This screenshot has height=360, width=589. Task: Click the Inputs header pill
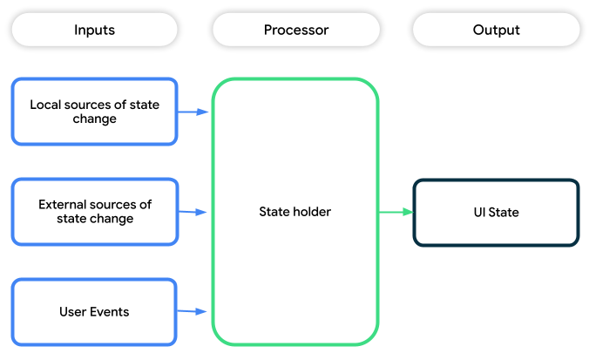click(94, 30)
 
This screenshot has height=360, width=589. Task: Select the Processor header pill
click(295, 30)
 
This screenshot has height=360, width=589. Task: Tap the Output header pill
click(496, 30)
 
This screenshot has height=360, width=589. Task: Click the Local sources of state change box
click(94, 112)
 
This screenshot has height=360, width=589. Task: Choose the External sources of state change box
click(94, 211)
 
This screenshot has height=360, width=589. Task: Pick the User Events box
click(94, 311)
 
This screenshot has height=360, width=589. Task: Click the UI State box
click(496, 212)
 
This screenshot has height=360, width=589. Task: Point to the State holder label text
click(295, 211)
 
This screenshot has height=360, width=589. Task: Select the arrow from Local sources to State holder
click(193, 112)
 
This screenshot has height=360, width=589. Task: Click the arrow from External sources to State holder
click(193, 212)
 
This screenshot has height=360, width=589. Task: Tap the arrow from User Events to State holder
click(193, 311)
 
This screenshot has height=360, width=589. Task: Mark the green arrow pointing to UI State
click(396, 212)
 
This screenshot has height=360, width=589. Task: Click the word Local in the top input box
click(45, 105)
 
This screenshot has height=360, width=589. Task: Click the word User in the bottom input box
click(72, 311)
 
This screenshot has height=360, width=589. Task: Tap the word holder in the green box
click(313, 211)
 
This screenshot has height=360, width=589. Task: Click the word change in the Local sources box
click(94, 119)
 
